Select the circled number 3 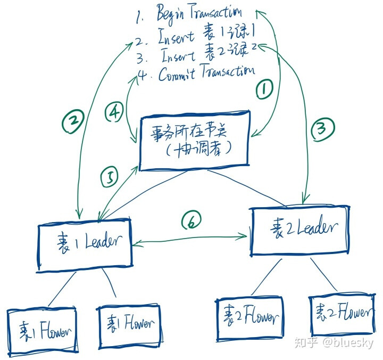[x=324, y=128]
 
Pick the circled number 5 [x=110, y=177]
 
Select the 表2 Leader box [x=300, y=230]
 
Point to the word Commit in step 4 [x=178, y=75]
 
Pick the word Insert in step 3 [x=178, y=55]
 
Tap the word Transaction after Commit [x=228, y=72]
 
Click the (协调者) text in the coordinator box [x=197, y=150]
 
